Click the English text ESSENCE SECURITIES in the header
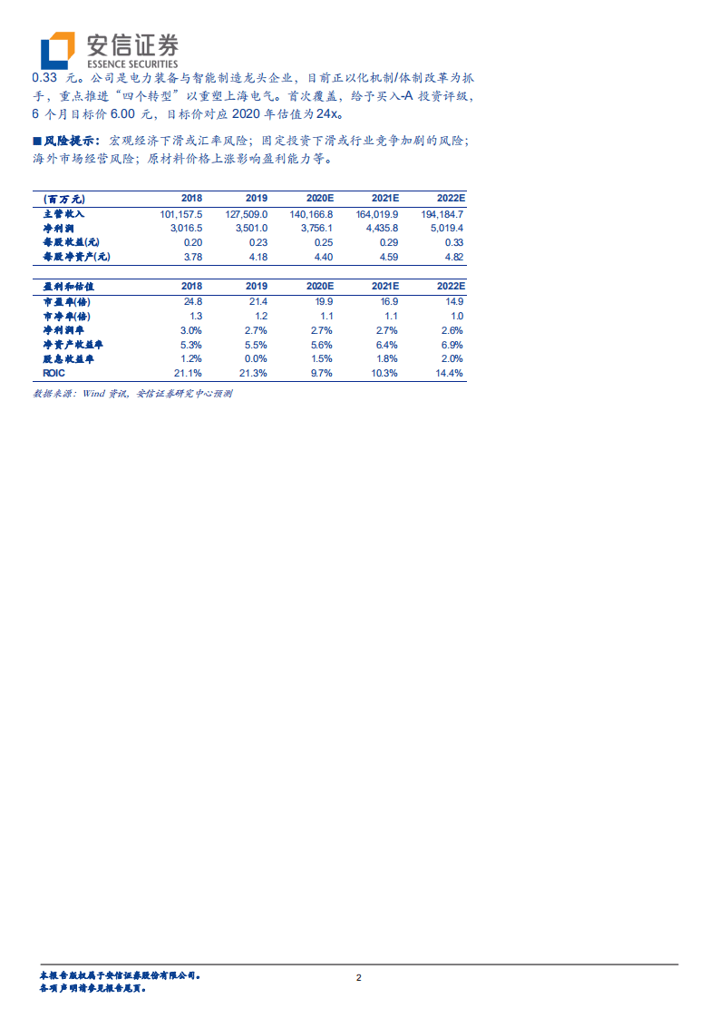(131, 64)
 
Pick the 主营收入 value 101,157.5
(180, 213)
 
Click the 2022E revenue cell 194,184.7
(442, 213)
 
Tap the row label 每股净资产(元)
(76, 257)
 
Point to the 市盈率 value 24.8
(192, 300)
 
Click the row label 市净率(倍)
(67, 315)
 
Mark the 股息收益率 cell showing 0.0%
(256, 359)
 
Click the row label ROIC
(55, 373)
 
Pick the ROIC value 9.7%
(321, 373)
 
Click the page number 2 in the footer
(359, 978)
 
